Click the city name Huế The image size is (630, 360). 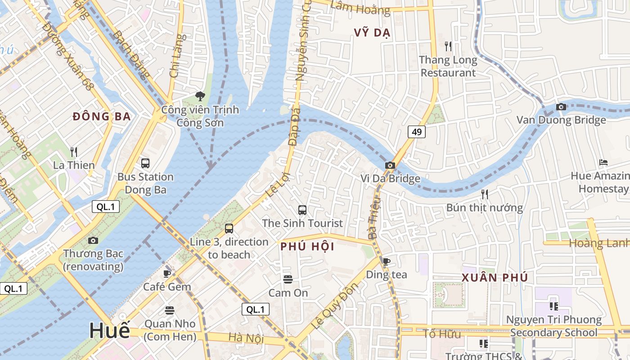pos(109,330)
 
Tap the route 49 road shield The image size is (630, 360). pos(417,132)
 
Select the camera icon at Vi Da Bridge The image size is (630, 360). pos(390,166)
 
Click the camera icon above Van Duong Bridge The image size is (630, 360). pos(561,107)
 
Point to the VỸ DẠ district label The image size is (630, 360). pos(372,33)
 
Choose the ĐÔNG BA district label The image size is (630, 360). pos(102,117)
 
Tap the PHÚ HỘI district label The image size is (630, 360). pos(307,247)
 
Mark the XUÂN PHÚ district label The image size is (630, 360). pos(495,278)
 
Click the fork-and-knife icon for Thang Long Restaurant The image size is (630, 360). pos(448,46)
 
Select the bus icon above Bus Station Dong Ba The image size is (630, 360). pos(145,163)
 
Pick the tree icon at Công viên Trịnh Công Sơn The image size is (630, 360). pos(200,96)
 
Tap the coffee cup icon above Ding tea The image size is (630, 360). pos(386,261)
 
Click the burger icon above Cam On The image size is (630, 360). pos(288,279)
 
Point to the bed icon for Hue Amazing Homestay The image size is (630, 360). pos(603,162)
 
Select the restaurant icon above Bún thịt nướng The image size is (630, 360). pos(484,194)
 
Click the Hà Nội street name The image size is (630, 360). pos(246,337)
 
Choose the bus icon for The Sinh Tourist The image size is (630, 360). pos(302,210)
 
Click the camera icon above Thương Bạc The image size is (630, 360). pos(93,241)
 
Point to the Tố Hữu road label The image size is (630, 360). pos(436,334)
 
